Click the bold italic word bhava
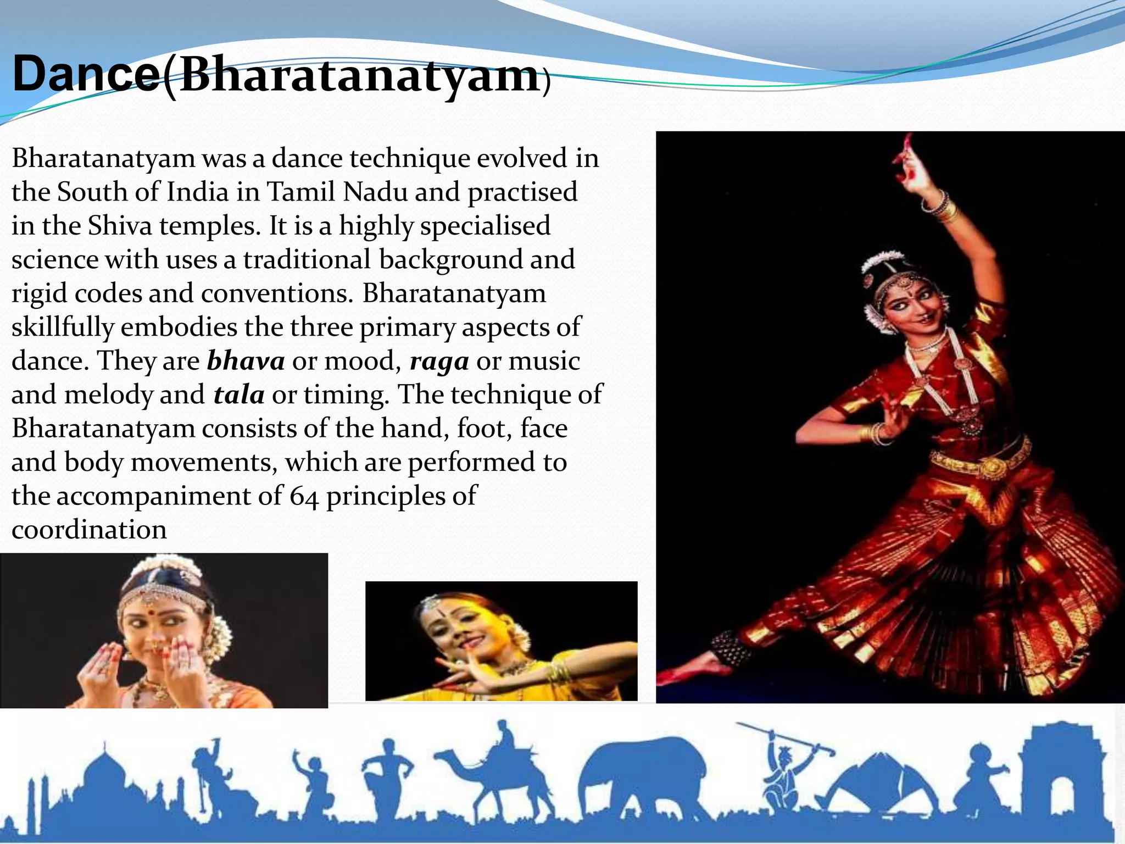click(246, 361)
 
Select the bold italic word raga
click(439, 361)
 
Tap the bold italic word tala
click(239, 395)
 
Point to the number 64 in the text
click(304, 496)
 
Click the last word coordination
click(89, 530)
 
